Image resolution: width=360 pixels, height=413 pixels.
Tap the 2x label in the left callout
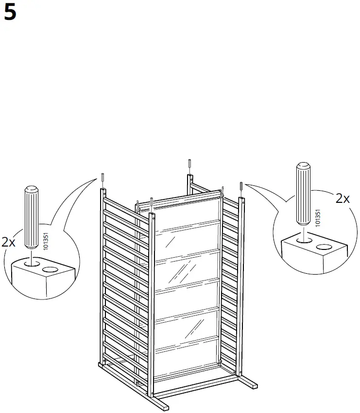(9, 242)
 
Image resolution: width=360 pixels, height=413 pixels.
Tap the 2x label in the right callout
(343, 198)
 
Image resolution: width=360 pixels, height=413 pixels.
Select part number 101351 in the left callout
(46, 241)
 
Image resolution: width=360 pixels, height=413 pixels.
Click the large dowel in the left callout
(32, 213)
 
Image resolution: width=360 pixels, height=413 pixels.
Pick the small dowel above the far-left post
(103, 177)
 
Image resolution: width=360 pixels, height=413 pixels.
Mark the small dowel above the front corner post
(152, 201)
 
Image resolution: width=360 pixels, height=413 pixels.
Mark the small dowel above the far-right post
(241, 185)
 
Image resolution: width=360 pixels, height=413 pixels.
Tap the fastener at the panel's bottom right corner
(221, 363)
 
